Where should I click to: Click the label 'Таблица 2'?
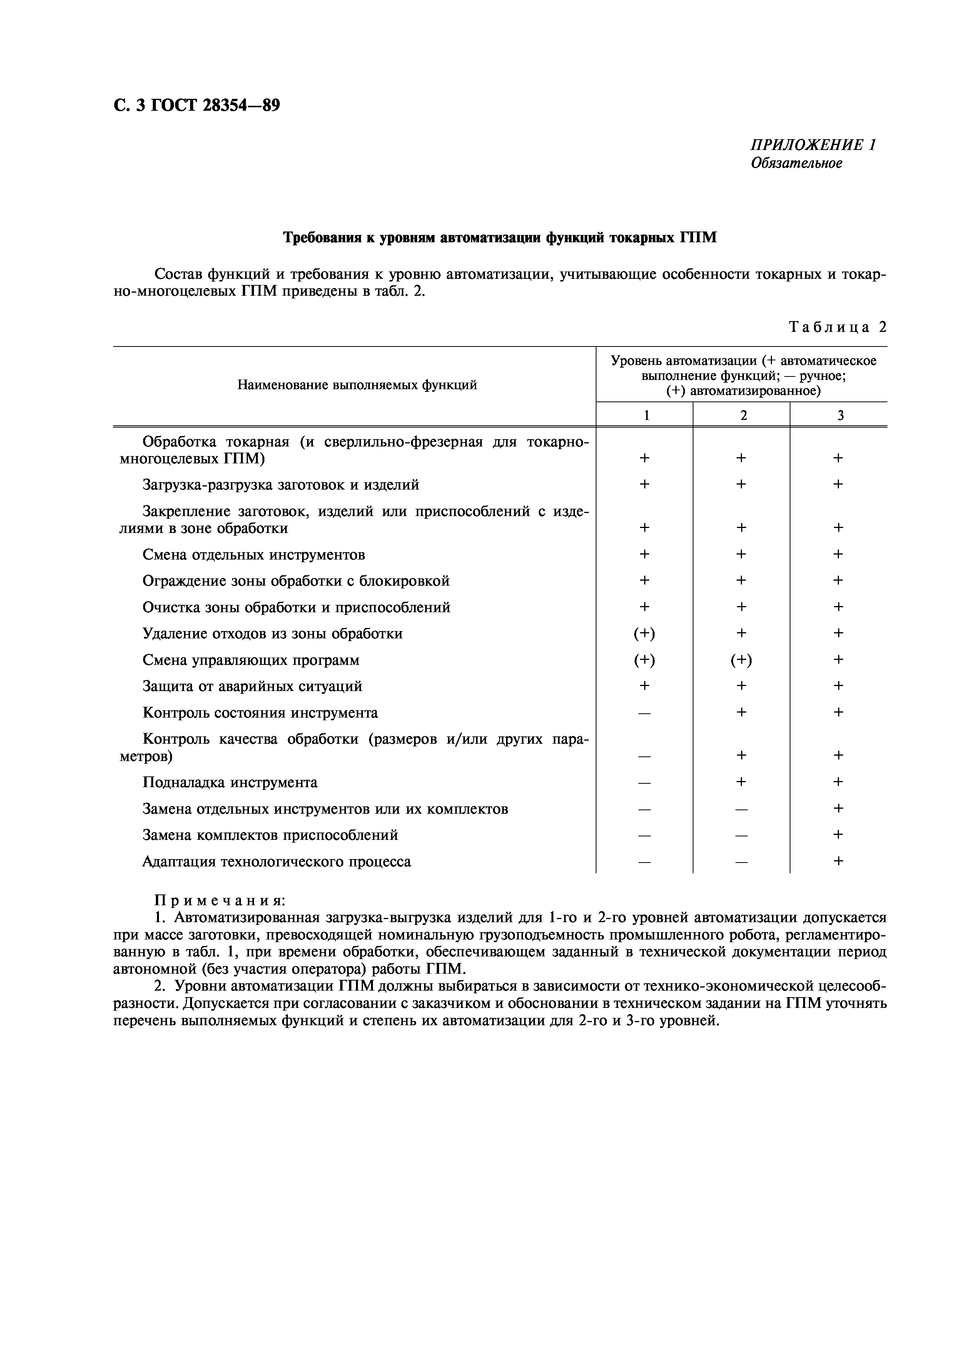837,327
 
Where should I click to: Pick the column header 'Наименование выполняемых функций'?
357,385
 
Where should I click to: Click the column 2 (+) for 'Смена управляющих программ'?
741,660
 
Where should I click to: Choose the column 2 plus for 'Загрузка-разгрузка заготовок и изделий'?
741,485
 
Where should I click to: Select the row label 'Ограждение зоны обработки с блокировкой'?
296,581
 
